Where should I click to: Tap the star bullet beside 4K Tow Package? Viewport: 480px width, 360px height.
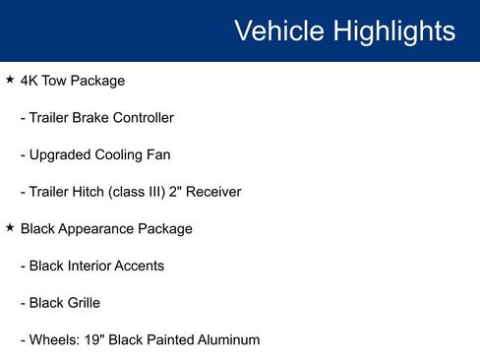(x=10, y=80)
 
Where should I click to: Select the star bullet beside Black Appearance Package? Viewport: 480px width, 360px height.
(x=10, y=227)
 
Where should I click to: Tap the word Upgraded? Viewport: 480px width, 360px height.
(x=61, y=154)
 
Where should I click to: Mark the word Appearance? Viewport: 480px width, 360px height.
(x=100, y=228)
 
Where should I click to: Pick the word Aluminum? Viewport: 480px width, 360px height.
(x=226, y=339)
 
